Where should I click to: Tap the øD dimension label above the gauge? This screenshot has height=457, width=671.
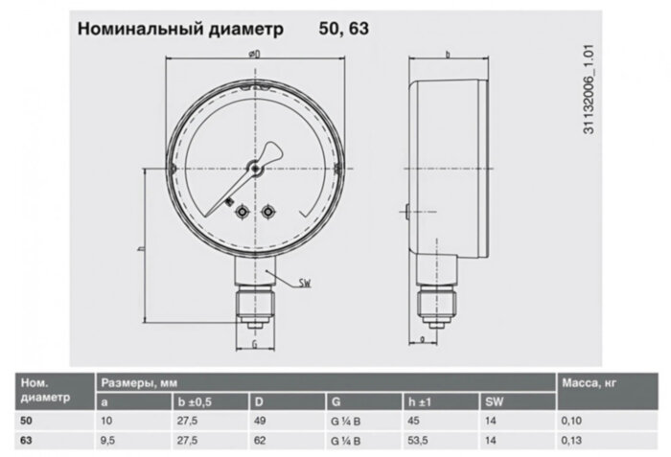(255, 55)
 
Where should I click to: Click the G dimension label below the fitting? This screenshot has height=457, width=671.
(255, 342)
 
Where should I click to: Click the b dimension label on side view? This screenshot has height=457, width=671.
(450, 55)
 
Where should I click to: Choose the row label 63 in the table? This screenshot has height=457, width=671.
(26, 442)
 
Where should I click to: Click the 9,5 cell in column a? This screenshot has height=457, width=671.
(109, 442)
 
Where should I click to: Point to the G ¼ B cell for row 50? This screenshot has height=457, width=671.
(346, 421)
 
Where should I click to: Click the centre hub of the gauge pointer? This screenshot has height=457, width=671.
(256, 169)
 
